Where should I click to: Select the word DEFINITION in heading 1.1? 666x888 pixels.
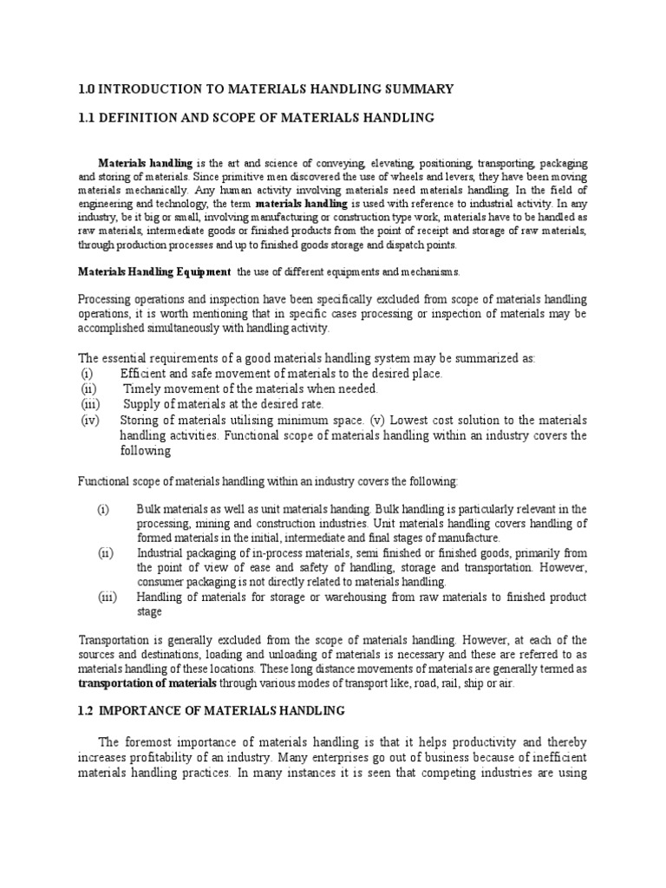(144, 116)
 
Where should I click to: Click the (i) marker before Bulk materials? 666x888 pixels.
(102, 508)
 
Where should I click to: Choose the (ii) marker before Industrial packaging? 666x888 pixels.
(103, 552)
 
